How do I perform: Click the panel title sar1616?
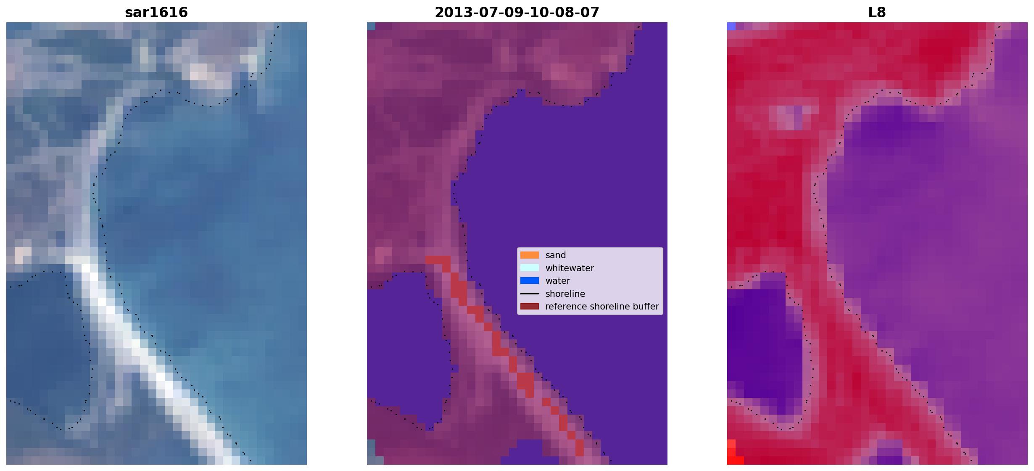(156, 13)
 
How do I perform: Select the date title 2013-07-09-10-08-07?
(517, 13)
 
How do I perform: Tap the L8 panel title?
(877, 13)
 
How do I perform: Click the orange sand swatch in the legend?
(530, 255)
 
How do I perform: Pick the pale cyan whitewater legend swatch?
(530, 268)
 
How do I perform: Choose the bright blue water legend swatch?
(530, 281)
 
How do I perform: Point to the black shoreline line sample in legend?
(530, 294)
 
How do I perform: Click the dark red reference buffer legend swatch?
(530, 307)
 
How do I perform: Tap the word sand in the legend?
(556, 255)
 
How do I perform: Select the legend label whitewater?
(570, 268)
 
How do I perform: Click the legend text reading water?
(557, 281)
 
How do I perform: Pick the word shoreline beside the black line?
(565, 294)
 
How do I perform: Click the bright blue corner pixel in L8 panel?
(731, 26)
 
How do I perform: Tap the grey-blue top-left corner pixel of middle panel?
(371, 26)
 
